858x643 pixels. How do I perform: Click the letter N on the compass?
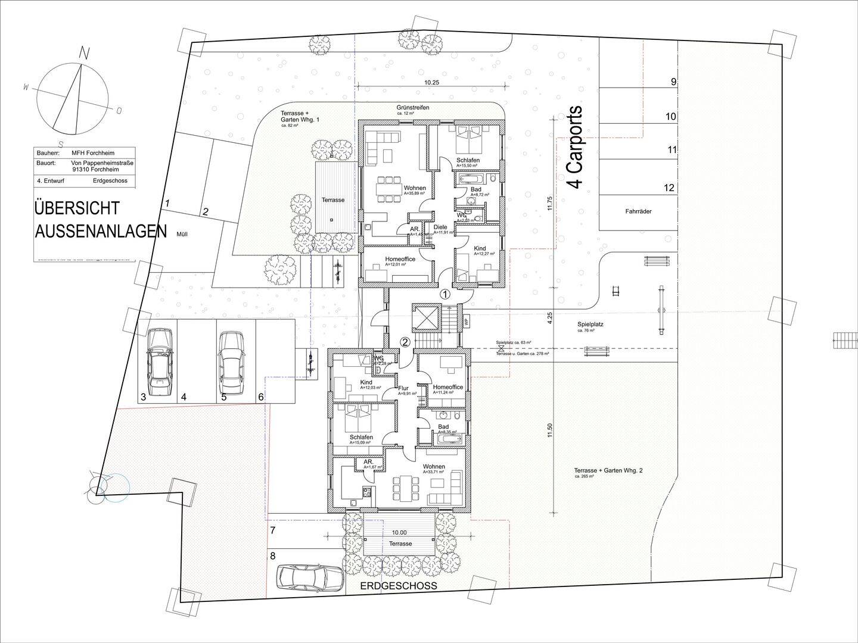[x=85, y=54]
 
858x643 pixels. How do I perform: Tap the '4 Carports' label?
[x=575, y=148]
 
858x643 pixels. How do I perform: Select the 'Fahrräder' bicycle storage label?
[x=638, y=211]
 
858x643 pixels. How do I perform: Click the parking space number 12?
[x=669, y=188]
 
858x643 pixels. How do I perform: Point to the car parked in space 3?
[x=159, y=362]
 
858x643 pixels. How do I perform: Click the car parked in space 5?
[x=231, y=362]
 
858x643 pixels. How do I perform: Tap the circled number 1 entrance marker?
[x=446, y=294]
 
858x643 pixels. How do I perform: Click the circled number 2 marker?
[x=405, y=342]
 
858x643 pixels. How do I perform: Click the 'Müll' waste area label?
[x=182, y=235]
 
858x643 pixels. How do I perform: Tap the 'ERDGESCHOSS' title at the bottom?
[x=399, y=586]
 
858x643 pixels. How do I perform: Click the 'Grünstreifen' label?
[x=413, y=108]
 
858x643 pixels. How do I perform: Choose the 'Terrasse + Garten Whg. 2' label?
[x=608, y=470]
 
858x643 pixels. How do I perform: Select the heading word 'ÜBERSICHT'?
[x=77, y=208]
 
